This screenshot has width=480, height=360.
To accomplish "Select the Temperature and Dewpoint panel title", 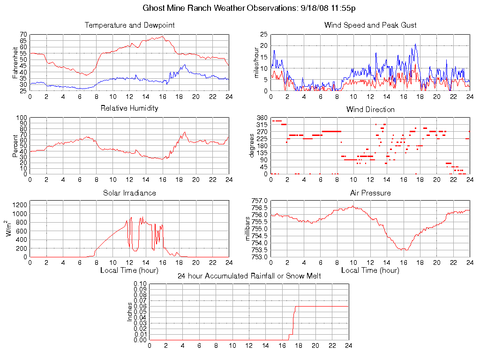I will [x=129, y=25].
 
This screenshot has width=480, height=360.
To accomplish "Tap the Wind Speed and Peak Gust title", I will [x=370, y=25].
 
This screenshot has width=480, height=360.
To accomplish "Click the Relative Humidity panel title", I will [x=129, y=108].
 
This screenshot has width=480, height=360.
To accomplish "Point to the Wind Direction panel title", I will [x=370, y=109].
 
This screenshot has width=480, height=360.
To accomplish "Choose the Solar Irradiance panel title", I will [x=129, y=193].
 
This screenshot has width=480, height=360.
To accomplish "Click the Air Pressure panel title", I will [x=370, y=193].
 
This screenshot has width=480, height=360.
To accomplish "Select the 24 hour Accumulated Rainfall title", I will [x=249, y=276].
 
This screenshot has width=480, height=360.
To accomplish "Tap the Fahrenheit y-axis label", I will [x=15, y=62].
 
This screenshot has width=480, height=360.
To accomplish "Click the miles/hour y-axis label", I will [x=256, y=62].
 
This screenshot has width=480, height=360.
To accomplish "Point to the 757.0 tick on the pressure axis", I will [x=260, y=201].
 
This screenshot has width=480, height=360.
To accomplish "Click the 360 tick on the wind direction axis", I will [x=262, y=118].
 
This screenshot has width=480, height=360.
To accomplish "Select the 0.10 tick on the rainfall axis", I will [x=140, y=284].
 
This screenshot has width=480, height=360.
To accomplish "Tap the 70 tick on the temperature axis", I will [x=23, y=35].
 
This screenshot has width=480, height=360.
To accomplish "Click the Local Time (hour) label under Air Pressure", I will [x=370, y=270].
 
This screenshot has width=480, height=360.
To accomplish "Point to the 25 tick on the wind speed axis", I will [x=263, y=35].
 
